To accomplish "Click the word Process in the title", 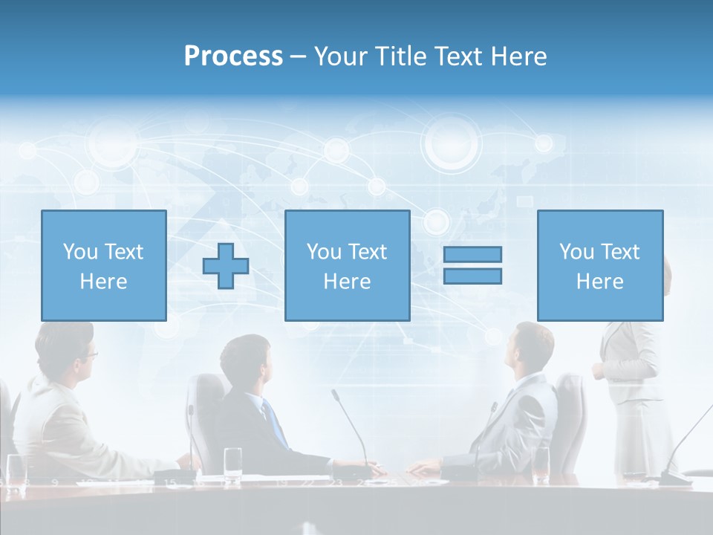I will click(233, 56).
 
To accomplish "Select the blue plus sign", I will click(226, 266).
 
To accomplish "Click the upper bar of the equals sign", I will click(472, 254).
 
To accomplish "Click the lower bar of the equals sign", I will click(472, 276).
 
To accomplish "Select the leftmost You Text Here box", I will click(104, 265).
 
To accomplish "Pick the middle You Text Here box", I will click(347, 265).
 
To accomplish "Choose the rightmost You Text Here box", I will click(599, 265).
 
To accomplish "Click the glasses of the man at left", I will click(89, 355).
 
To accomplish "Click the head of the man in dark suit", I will click(245, 360).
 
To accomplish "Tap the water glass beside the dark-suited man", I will click(233, 462).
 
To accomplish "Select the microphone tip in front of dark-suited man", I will click(335, 392).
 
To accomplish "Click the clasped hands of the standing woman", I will click(599, 372).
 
